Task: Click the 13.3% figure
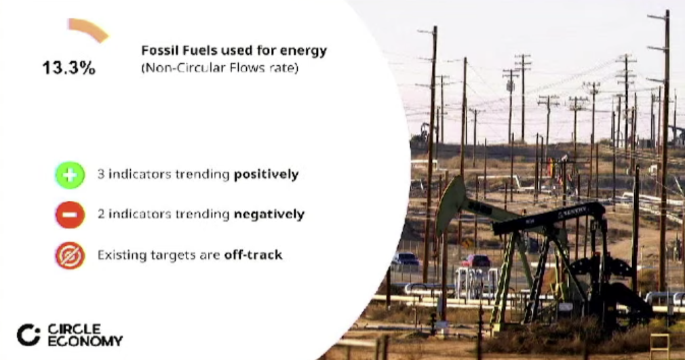click(68, 68)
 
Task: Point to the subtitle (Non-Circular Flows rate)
click(220, 68)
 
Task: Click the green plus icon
click(70, 175)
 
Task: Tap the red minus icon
click(70, 214)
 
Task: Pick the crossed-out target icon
click(70, 255)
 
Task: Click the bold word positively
click(266, 175)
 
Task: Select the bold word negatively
click(269, 214)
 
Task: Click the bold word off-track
click(253, 255)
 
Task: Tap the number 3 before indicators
click(101, 174)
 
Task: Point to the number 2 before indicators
click(101, 214)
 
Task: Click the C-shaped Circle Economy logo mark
click(28, 335)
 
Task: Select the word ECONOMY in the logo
click(85, 341)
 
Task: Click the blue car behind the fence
click(406, 259)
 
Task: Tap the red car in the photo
click(475, 261)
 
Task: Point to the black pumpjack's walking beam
click(549, 217)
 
